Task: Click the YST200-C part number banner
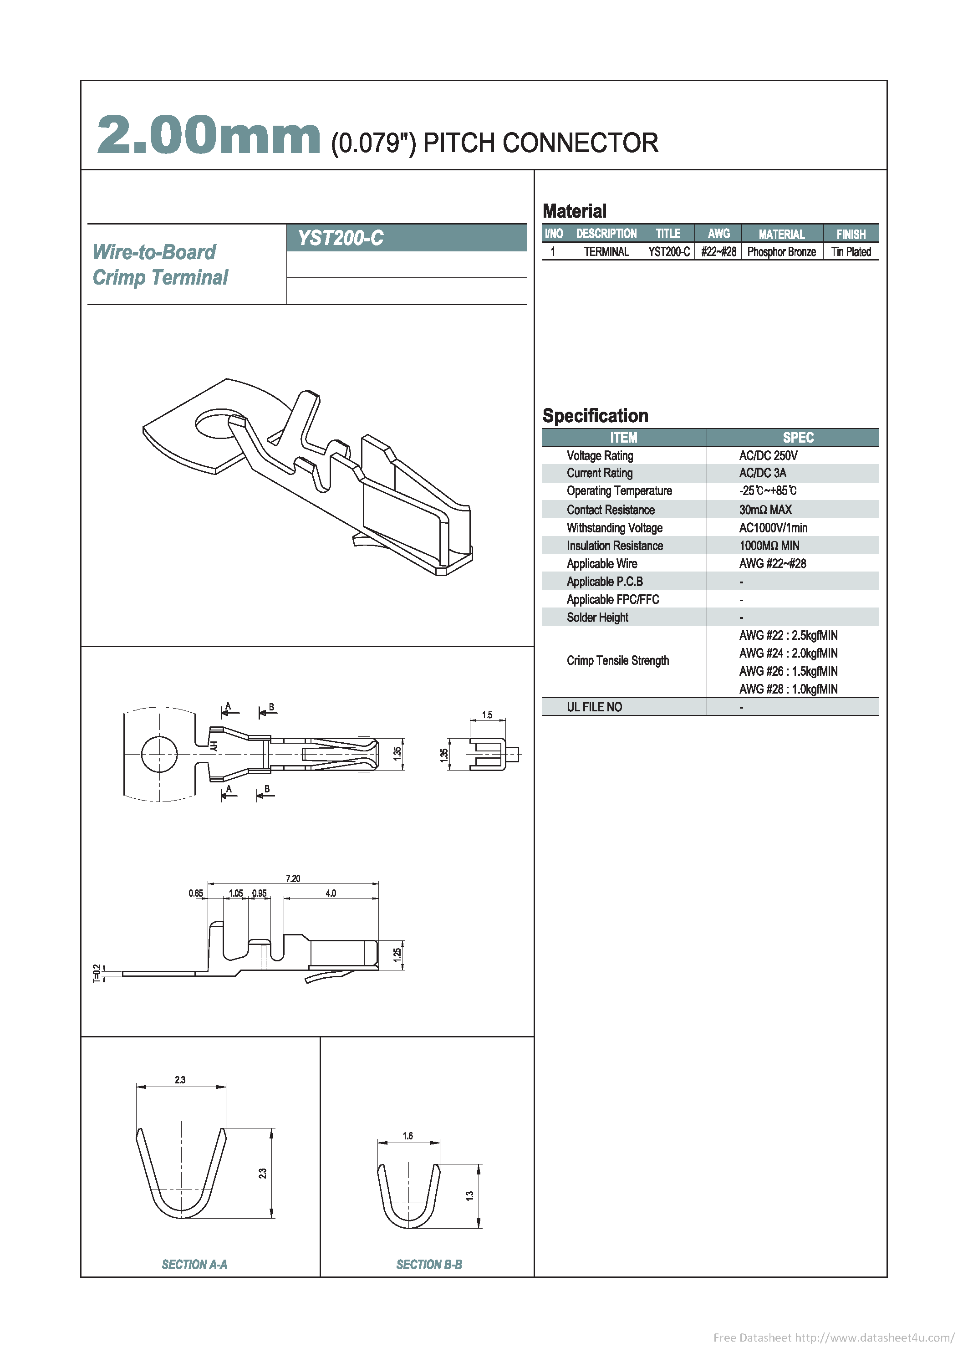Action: [x=341, y=238]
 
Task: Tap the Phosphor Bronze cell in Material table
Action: [x=781, y=251]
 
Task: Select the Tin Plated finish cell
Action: [x=851, y=251]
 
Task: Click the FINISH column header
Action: [x=851, y=234]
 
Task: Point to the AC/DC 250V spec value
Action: [x=768, y=455]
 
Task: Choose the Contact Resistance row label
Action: [x=611, y=510]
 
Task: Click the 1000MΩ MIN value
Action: [x=769, y=546]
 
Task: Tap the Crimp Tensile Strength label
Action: [x=617, y=660]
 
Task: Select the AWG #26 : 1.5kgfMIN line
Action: [x=788, y=671]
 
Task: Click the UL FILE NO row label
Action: [x=594, y=707]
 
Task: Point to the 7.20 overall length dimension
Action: [x=293, y=878]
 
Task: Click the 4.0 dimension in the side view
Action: [x=331, y=893]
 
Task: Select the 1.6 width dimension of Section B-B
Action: [x=408, y=1136]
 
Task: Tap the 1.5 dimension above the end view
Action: [x=487, y=715]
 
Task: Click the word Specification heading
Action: [x=595, y=415]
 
